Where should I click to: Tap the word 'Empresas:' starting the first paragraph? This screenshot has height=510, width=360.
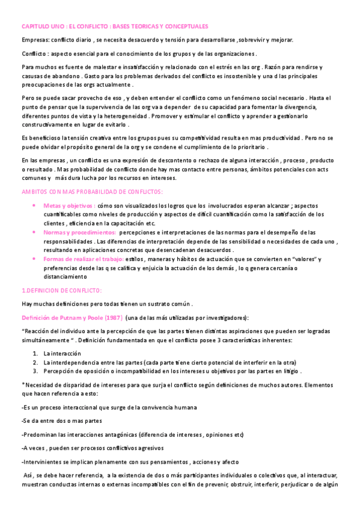[35, 40]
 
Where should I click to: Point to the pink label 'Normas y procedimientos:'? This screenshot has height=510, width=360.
[80, 232]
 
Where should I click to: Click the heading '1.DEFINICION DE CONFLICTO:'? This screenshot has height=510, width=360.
[61, 290]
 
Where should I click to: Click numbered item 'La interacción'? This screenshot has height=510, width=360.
[62, 353]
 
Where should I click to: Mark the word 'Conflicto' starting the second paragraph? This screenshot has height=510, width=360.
[34, 55]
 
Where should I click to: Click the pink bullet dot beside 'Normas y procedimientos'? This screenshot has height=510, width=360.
[33, 232]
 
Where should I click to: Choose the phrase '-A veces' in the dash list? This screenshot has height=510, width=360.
[33, 448]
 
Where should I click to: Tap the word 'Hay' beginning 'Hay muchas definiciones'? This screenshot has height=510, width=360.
[27, 304]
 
